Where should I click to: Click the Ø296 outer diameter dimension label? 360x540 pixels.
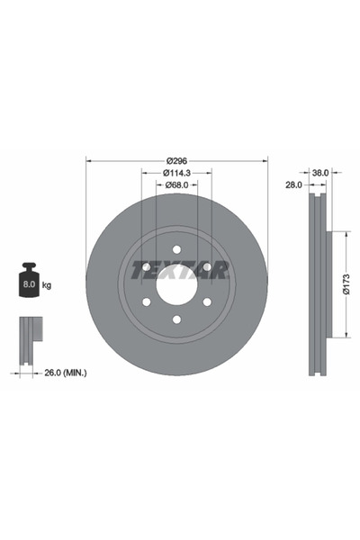pyautogui.click(x=176, y=160)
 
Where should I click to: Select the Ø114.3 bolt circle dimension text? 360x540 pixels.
pyautogui.click(x=176, y=173)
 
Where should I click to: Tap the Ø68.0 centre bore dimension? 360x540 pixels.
pyautogui.click(x=176, y=185)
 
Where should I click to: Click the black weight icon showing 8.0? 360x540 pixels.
pyautogui.click(x=29, y=283)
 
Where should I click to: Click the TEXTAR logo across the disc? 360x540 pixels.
pyautogui.click(x=181, y=270)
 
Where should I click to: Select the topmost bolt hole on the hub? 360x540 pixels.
pyautogui.click(x=176, y=249)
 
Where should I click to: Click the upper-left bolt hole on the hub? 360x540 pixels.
pyautogui.click(x=146, y=267)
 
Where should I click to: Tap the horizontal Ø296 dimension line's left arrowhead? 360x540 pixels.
pyautogui.click(x=88, y=160)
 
